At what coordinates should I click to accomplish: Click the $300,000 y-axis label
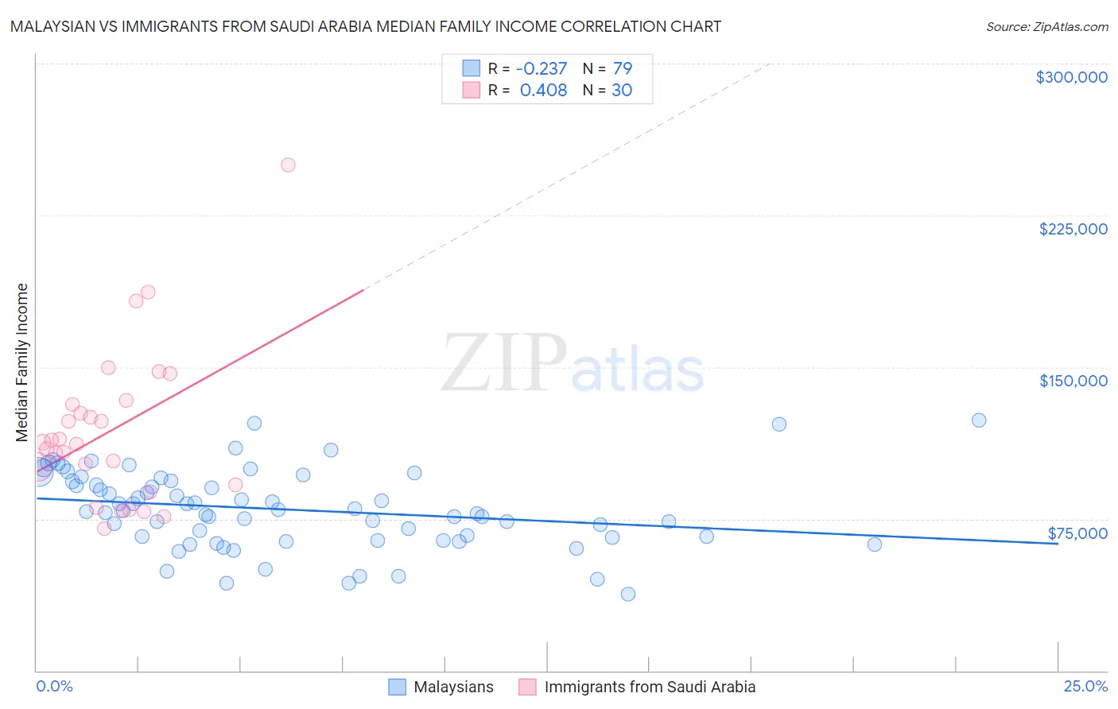click(1071, 77)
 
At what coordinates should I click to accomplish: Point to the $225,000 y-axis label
click(1073, 229)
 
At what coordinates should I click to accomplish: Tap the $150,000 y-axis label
click(1073, 381)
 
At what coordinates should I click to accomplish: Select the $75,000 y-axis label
click(1077, 533)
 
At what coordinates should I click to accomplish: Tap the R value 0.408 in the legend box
click(543, 90)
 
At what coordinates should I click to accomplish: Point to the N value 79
click(622, 68)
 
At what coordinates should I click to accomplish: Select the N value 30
click(622, 90)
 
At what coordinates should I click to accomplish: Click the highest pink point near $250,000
click(288, 165)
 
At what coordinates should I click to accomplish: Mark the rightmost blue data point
click(979, 420)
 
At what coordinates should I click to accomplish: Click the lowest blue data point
click(628, 594)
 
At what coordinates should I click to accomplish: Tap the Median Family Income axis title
click(22, 362)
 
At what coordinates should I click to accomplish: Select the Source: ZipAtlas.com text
click(1046, 26)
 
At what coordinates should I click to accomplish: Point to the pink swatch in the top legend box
click(472, 90)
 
